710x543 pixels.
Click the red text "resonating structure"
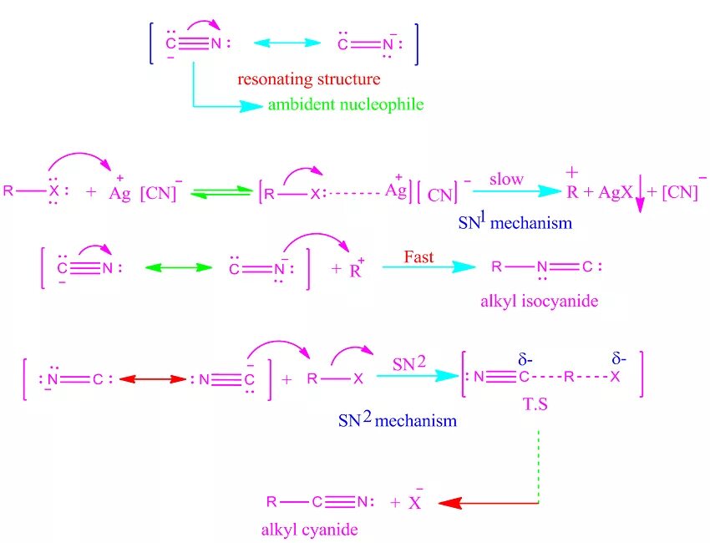point(308,80)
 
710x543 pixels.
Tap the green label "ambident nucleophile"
point(345,105)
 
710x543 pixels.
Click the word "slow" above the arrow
point(506,179)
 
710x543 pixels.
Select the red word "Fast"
point(418,256)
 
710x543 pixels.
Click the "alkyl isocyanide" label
point(539,302)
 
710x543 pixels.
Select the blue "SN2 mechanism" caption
point(397,420)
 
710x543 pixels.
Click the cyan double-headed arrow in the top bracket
point(287,43)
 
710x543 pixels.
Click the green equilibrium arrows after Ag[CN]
point(221,194)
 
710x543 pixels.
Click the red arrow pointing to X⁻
point(488,503)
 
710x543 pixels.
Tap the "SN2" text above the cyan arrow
point(409,363)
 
